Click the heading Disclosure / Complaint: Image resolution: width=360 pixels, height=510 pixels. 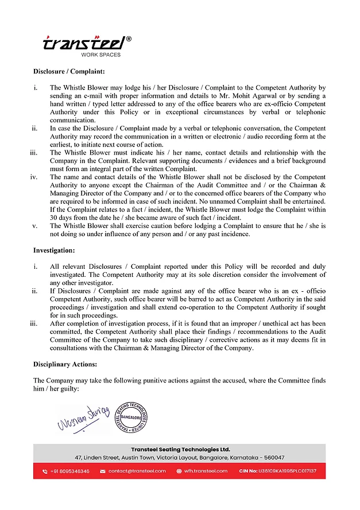tap(68, 72)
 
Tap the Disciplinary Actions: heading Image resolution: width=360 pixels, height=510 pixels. tap(65, 364)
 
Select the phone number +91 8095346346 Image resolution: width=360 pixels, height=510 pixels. tap(69, 471)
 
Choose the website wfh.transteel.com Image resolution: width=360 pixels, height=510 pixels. tap(206, 471)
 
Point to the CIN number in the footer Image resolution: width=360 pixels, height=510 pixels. tap(277, 471)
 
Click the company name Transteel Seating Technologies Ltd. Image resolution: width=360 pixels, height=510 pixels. tap(179, 449)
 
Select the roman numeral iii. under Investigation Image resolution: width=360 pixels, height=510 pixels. tap(34, 323)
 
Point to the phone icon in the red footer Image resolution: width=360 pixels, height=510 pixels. tap(45, 471)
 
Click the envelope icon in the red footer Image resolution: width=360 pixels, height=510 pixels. tap(103, 471)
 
